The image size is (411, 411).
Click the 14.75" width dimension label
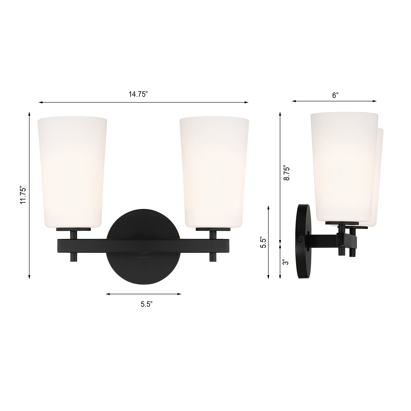point(138,95)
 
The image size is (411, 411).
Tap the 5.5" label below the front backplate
point(147,304)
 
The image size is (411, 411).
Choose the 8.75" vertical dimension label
point(287,173)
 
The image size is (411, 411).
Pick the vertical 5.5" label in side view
point(263,242)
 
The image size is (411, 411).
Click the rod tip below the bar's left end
point(73,257)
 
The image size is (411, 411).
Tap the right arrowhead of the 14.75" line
point(246,102)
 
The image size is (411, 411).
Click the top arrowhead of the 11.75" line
point(29,113)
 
